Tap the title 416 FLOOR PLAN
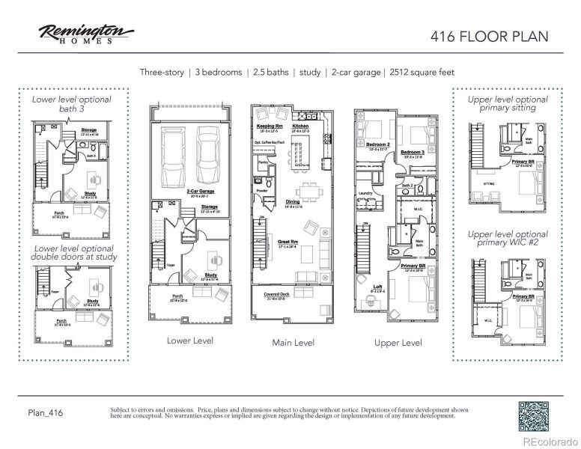[490, 35]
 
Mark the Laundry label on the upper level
[365, 193]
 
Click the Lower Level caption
[189, 340]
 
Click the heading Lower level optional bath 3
[71, 103]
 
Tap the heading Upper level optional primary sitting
[508, 103]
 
